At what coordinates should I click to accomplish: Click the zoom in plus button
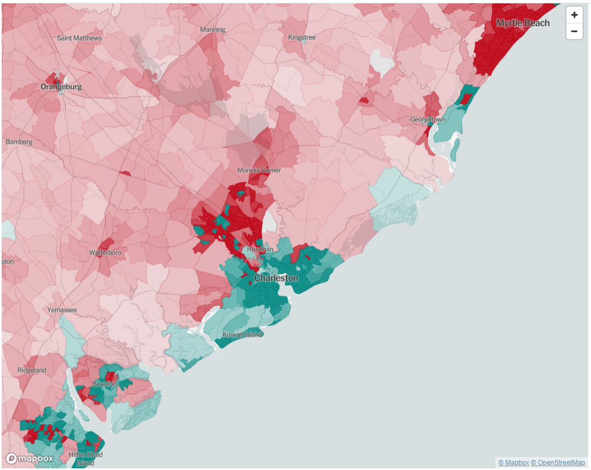pyautogui.click(x=574, y=15)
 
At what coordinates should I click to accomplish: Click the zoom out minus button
pyautogui.click(x=574, y=31)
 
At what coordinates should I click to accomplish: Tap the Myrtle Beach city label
pyautogui.click(x=523, y=23)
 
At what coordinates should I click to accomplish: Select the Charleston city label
pyautogui.click(x=276, y=278)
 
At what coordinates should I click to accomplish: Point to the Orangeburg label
pyautogui.click(x=61, y=87)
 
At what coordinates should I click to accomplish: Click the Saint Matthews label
pyautogui.click(x=79, y=38)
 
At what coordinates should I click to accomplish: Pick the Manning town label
pyautogui.click(x=212, y=30)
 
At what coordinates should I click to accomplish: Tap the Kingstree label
pyautogui.click(x=302, y=38)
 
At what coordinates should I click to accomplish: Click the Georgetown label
pyautogui.click(x=427, y=120)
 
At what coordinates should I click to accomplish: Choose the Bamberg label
pyautogui.click(x=19, y=142)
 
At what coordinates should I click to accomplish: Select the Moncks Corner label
pyautogui.click(x=259, y=170)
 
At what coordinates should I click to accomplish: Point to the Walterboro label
pyautogui.click(x=105, y=253)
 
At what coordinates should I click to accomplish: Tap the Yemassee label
pyautogui.click(x=62, y=310)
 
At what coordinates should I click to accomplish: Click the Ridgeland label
pyautogui.click(x=31, y=370)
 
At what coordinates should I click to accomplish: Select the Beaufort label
pyautogui.click(x=105, y=384)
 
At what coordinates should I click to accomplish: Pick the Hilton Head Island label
pyautogui.click(x=85, y=459)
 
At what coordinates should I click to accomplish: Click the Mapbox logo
pyautogui.click(x=30, y=459)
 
